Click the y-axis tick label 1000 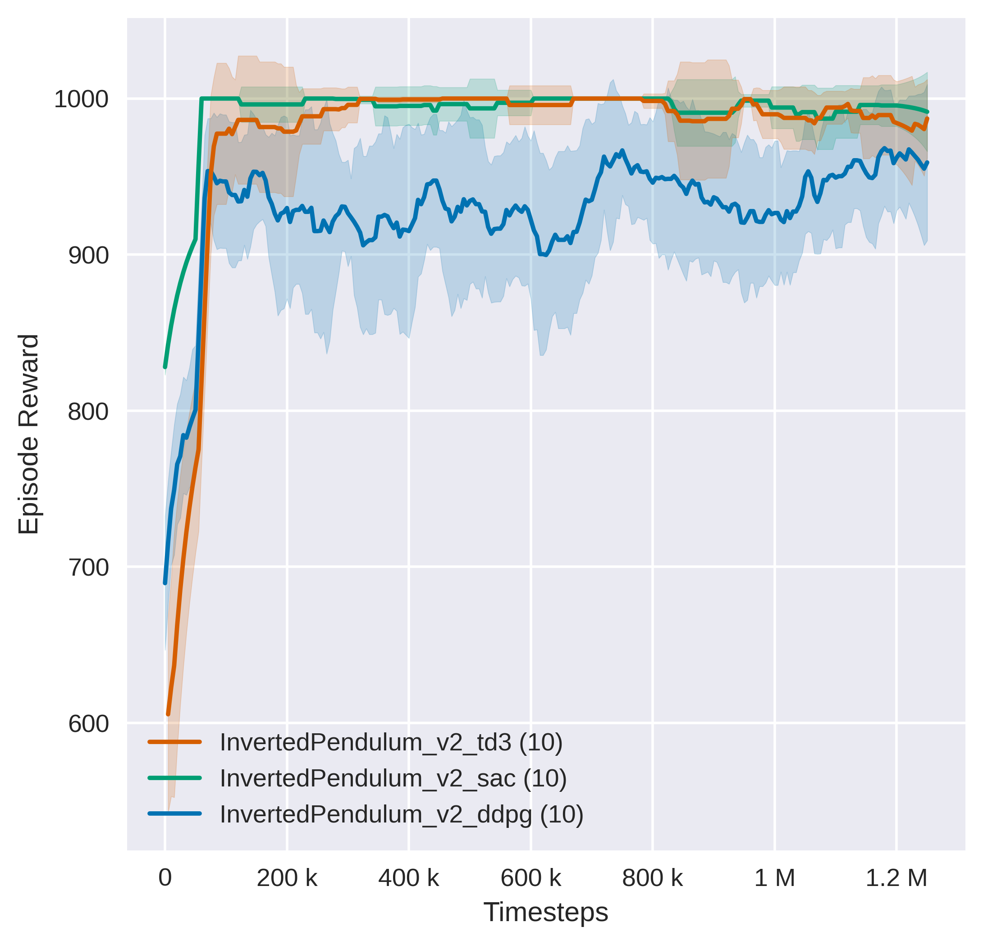click(81, 100)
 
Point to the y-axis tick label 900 click(88, 256)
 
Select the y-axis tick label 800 click(88, 412)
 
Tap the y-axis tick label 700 click(88, 568)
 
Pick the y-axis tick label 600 click(88, 724)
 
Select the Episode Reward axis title click(28, 434)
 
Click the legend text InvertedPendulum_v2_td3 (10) click(391, 742)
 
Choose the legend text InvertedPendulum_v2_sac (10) click(393, 778)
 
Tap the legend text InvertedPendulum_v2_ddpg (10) click(402, 815)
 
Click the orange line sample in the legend click(174, 742)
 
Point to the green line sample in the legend click(174, 778)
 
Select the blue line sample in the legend click(174, 813)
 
